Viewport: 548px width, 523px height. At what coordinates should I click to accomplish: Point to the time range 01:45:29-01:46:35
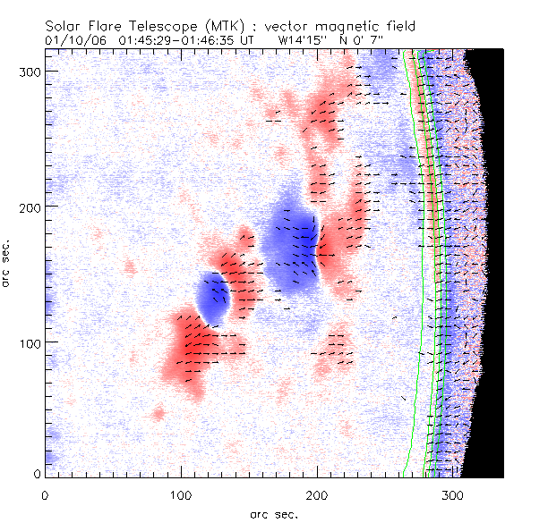(179, 41)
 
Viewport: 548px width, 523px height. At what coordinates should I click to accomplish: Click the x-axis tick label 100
(181, 493)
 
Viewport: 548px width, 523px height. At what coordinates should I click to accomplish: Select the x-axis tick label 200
(317, 493)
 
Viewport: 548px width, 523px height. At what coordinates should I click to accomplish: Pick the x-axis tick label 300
(453, 493)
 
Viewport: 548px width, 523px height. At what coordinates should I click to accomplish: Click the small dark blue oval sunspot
(213, 296)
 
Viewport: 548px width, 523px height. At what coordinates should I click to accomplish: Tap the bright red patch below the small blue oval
(191, 347)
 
